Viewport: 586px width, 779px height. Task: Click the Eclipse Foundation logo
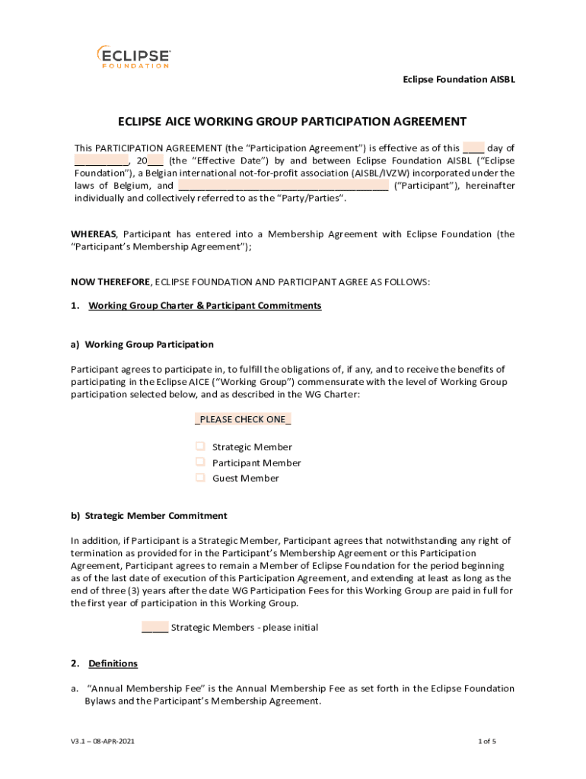click(x=133, y=57)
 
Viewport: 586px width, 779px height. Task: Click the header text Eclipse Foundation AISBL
click(x=459, y=79)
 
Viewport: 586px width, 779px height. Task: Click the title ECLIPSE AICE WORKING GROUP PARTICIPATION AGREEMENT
click(x=291, y=122)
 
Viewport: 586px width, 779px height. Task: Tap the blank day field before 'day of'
click(x=473, y=148)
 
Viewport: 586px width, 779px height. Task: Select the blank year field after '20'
click(x=155, y=161)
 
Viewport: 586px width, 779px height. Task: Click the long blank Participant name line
click(x=283, y=186)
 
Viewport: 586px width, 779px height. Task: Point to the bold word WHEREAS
click(x=94, y=234)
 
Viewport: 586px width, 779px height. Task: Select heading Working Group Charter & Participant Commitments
click(x=205, y=306)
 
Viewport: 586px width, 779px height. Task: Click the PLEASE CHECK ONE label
click(x=244, y=420)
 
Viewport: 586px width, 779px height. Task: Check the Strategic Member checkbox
click(x=200, y=447)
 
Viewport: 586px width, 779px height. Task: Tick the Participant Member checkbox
click(x=200, y=462)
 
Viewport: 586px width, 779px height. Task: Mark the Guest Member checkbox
click(x=200, y=478)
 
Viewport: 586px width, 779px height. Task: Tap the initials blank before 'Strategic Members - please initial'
click(x=154, y=628)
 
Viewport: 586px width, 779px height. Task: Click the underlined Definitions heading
click(x=113, y=664)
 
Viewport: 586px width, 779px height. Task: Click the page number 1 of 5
click(x=487, y=741)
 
